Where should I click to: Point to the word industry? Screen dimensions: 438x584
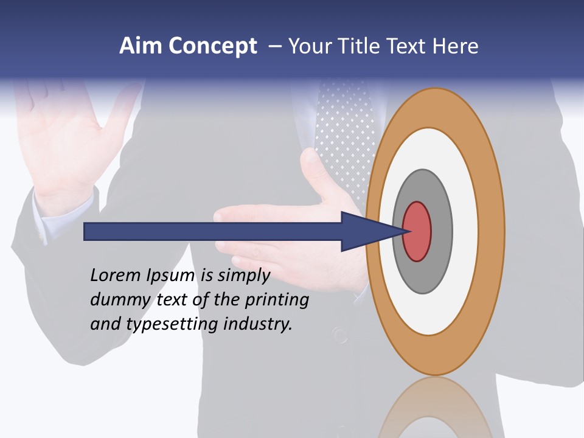coord(258,324)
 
